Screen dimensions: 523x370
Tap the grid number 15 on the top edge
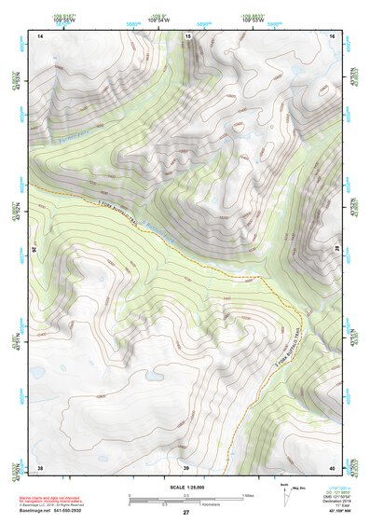pos(187,35)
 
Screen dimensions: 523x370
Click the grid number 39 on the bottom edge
pos(186,467)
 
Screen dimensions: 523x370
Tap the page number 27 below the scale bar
pos(186,513)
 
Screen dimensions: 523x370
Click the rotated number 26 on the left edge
pos(36,249)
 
